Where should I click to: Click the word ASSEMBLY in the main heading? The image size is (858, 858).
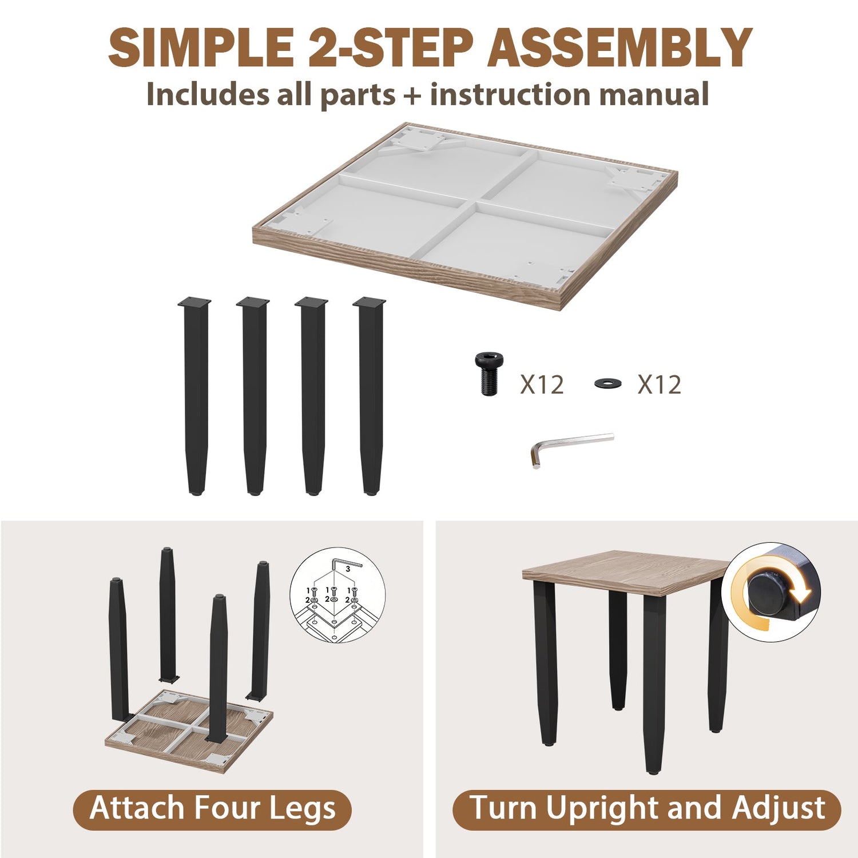click(x=619, y=47)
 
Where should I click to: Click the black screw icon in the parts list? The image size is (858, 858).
click(x=487, y=374)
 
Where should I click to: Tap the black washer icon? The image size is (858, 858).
click(x=607, y=383)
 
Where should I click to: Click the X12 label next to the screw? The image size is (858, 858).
click(x=542, y=384)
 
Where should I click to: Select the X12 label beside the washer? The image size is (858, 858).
click(x=660, y=384)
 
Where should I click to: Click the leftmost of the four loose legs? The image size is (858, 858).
click(x=195, y=396)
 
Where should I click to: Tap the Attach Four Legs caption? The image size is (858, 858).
click(x=212, y=809)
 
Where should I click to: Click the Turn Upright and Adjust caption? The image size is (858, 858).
click(x=647, y=809)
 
